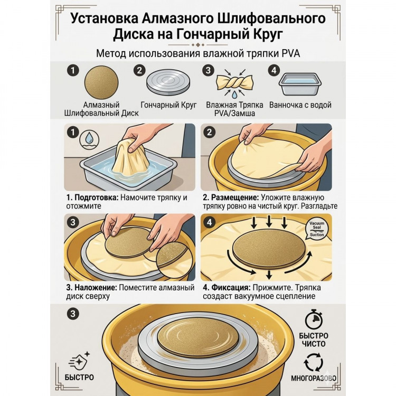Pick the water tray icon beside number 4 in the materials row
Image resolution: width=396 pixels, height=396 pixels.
pyautogui.click(x=300, y=84)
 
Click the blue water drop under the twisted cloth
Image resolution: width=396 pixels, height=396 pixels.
pyautogui.click(x=235, y=95)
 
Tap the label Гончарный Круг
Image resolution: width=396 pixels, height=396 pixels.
pyautogui.click(x=168, y=105)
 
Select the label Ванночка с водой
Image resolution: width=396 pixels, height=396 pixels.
pyautogui.click(x=300, y=105)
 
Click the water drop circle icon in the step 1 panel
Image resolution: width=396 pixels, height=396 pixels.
pyautogui.click(x=89, y=140)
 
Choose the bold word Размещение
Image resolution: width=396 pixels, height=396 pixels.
pyautogui.click(x=231, y=197)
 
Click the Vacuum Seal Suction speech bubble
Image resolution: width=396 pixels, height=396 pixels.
pyautogui.click(x=317, y=229)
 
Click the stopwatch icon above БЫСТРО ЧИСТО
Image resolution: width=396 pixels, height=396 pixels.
pyautogui.click(x=314, y=319)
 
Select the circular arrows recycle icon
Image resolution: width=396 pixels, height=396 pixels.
pyautogui.click(x=314, y=362)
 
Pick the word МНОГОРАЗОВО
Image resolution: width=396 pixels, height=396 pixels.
pyautogui.click(x=314, y=378)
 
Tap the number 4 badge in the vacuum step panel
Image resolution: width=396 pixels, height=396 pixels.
pyautogui.click(x=210, y=222)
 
